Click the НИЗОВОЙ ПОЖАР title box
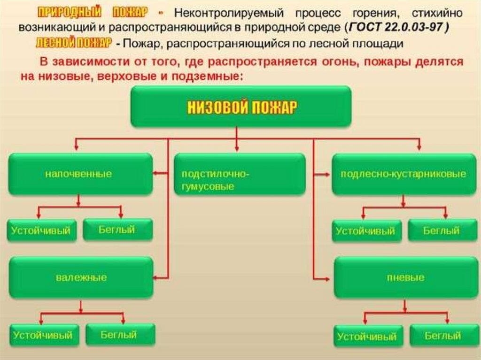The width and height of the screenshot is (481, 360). pos(240,107)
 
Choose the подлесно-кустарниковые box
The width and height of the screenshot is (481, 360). pos(403,174)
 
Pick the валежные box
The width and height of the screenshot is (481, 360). pos(81,277)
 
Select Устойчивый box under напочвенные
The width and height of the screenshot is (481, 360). pos(42,230)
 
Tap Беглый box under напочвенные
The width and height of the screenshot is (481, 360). pos(117,230)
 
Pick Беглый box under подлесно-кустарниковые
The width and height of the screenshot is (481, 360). pos(441,230)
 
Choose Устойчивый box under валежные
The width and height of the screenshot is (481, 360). pos(43,335)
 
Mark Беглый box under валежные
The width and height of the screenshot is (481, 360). pos(119,335)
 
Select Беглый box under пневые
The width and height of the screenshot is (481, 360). pos(442,336)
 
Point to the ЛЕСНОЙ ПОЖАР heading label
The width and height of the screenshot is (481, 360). pos(73,43)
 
